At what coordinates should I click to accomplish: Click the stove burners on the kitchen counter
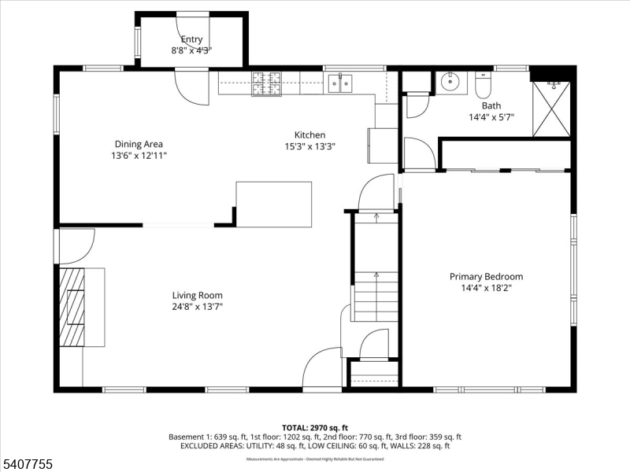click(x=266, y=83)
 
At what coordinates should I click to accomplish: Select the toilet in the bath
click(x=483, y=83)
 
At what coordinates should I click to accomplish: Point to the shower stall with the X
click(x=551, y=109)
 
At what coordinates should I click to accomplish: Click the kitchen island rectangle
click(x=273, y=205)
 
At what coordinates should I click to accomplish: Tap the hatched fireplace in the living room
click(x=72, y=307)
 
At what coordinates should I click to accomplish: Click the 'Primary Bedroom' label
click(x=486, y=276)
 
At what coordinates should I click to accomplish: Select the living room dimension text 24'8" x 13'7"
click(x=197, y=307)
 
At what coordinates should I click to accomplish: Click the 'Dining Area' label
click(x=139, y=144)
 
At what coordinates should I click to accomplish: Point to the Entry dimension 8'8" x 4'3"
click(x=191, y=50)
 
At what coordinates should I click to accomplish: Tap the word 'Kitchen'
click(x=309, y=135)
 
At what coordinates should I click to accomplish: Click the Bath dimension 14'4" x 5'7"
click(x=491, y=117)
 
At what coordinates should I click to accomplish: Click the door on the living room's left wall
click(x=76, y=245)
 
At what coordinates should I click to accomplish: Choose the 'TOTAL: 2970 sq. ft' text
click(x=315, y=427)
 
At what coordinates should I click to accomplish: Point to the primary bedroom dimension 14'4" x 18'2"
click(x=486, y=288)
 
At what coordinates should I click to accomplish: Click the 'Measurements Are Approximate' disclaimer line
click(x=315, y=459)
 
